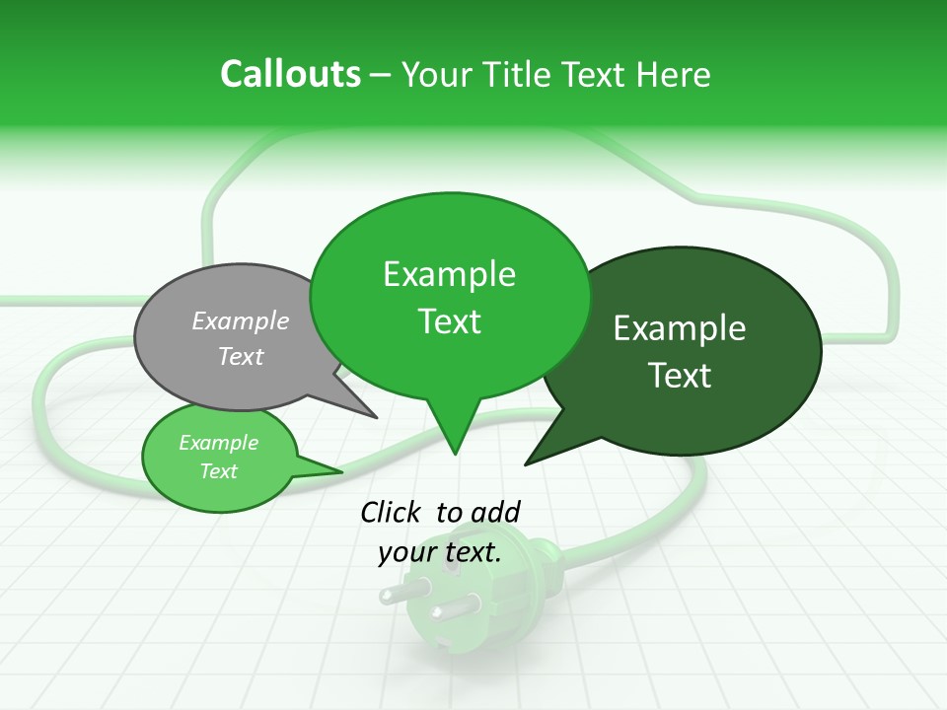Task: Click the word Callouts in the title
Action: [290, 74]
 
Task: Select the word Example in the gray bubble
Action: [241, 320]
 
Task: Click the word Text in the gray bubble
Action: [241, 356]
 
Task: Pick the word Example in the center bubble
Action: [449, 274]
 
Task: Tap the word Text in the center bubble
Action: [449, 321]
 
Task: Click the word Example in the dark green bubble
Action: [680, 328]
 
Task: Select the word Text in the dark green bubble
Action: [680, 376]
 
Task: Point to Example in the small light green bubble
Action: [218, 443]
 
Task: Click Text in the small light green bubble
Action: [218, 471]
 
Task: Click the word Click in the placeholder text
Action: [392, 512]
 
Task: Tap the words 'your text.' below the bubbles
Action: [440, 552]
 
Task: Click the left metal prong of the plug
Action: [394, 595]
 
